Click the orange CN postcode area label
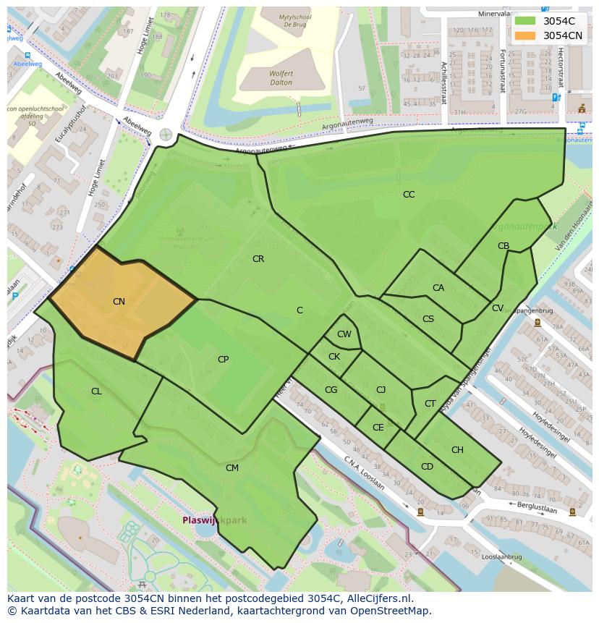click(x=119, y=302)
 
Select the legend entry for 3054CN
click(x=563, y=35)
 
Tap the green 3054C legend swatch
click(x=525, y=21)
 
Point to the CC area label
click(x=409, y=195)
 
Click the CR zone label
click(x=258, y=259)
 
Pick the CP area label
click(x=224, y=360)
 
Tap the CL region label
click(x=96, y=391)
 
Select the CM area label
click(x=232, y=468)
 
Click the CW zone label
click(x=344, y=334)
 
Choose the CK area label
click(x=334, y=357)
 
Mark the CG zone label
click(x=331, y=390)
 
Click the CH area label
click(x=457, y=450)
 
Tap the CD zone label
click(x=427, y=467)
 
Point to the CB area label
click(x=504, y=246)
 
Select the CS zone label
click(x=428, y=319)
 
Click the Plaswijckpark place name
click(x=214, y=520)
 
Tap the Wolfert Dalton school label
click(x=281, y=78)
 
